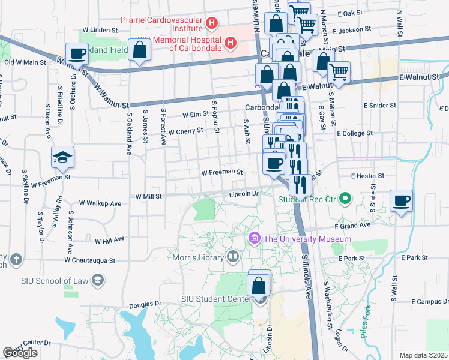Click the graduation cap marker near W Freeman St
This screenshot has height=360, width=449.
tap(63, 158)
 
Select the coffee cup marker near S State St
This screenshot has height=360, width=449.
tap(401, 201)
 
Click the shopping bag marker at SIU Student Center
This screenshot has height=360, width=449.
tap(259, 284)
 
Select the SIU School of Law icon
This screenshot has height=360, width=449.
tap(98, 280)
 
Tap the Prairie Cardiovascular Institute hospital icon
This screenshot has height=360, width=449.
tap(211, 23)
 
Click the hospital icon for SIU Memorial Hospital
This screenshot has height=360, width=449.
tap(230, 43)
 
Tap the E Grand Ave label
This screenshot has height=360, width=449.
tap(353, 226)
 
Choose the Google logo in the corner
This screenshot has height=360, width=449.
tap(20, 353)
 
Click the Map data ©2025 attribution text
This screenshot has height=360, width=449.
tap(424, 355)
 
